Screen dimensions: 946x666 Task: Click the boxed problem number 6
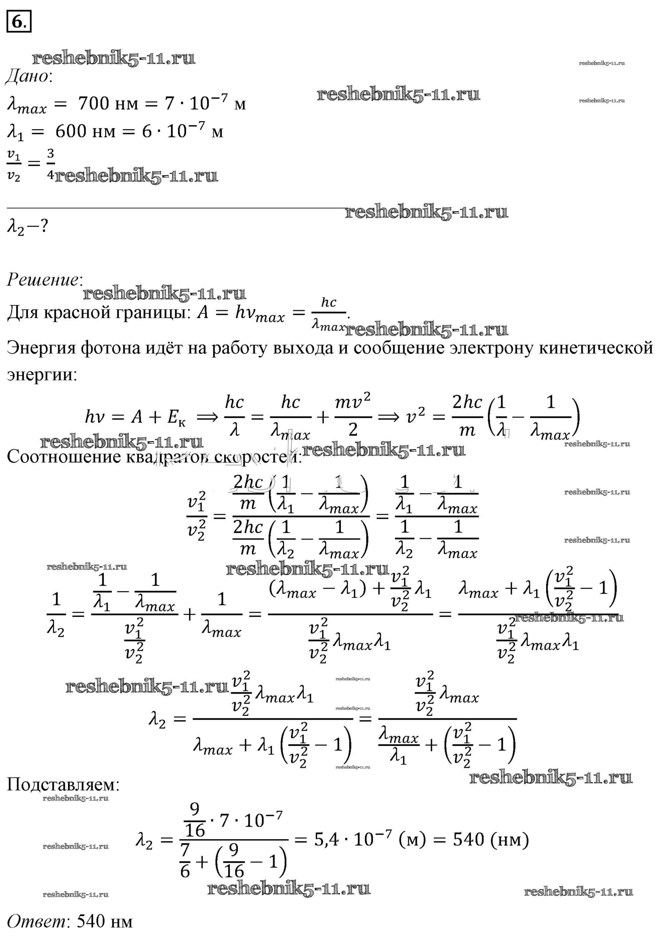(x=18, y=21)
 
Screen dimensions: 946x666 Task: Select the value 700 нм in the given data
(x=108, y=103)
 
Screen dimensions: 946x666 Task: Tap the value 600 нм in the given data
(x=85, y=131)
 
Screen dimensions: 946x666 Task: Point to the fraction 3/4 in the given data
(x=50, y=164)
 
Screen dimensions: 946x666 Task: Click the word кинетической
(x=596, y=348)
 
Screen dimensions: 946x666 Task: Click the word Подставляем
(x=62, y=785)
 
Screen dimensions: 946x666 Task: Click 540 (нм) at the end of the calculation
(x=490, y=839)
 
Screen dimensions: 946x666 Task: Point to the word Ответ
(x=36, y=922)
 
